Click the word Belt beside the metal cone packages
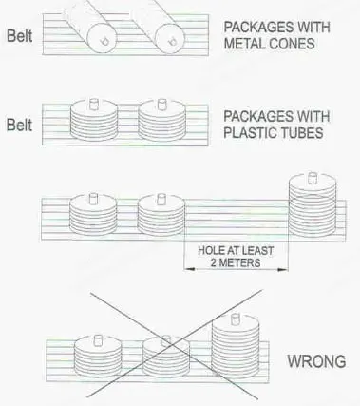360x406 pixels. [x=20, y=35]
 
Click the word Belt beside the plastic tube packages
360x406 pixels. [x=20, y=125]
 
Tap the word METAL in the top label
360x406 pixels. [x=241, y=44]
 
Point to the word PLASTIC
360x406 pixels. [x=247, y=133]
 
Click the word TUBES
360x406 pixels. [x=298, y=133]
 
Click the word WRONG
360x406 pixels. [x=316, y=361]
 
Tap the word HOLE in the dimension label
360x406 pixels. [x=208, y=251]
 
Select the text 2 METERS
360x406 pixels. [x=236, y=262]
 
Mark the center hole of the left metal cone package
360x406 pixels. [x=104, y=41]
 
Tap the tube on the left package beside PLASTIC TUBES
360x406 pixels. [x=94, y=104]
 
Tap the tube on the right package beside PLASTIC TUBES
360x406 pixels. [x=161, y=104]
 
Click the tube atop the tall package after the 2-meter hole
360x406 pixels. [x=313, y=178]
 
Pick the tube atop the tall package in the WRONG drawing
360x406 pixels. [x=235, y=319]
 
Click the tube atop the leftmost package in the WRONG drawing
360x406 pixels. [x=98, y=340]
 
